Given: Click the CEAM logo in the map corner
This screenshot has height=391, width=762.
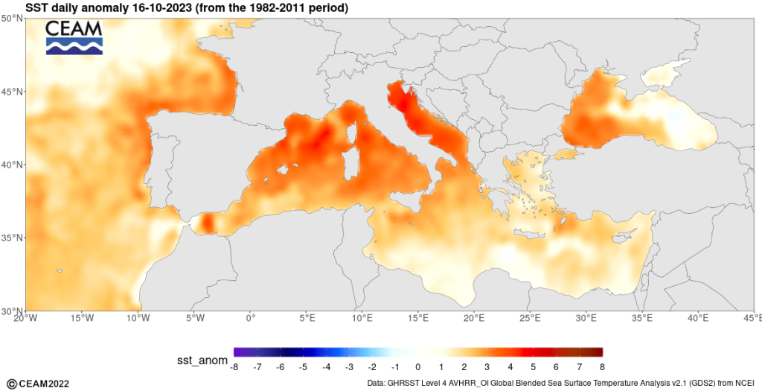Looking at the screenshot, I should point(74,37).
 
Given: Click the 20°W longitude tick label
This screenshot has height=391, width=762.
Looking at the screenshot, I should point(25,318).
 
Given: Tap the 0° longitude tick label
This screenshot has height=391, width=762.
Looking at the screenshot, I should point(250,318).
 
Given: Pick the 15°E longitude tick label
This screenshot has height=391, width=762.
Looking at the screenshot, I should point(418,318).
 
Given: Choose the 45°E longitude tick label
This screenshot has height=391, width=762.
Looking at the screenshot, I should point(753,318).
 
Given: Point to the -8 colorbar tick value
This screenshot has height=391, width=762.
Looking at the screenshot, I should point(234,367).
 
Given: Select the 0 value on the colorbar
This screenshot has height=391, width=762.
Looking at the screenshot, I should point(418,367).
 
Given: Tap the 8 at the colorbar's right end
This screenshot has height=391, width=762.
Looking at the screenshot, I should point(601,367).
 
